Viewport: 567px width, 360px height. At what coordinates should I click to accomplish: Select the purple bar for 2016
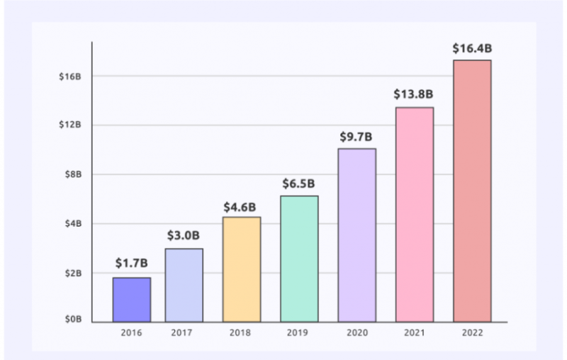pyautogui.click(x=132, y=299)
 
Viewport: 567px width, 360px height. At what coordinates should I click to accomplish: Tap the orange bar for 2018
pyautogui.click(x=242, y=269)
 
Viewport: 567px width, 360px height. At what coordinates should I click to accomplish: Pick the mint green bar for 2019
pyautogui.click(x=299, y=259)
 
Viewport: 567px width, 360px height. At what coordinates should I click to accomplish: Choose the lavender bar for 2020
pyautogui.click(x=357, y=235)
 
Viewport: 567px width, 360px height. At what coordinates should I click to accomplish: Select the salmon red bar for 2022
pyautogui.click(x=472, y=191)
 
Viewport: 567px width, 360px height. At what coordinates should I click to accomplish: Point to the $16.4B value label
pyautogui.click(x=472, y=49)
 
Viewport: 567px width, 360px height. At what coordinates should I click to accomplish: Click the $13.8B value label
pyautogui.click(x=414, y=95)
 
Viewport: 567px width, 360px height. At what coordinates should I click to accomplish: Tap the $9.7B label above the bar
pyautogui.click(x=357, y=136)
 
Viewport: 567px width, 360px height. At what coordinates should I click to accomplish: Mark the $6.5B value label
pyautogui.click(x=299, y=184)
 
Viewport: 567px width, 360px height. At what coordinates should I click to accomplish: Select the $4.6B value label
pyautogui.click(x=242, y=206)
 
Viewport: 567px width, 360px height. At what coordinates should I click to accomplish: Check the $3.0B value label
pyautogui.click(x=184, y=236)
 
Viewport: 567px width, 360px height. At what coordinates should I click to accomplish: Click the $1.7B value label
pyautogui.click(x=132, y=264)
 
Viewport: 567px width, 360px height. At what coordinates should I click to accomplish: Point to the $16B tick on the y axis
pyautogui.click(x=70, y=76)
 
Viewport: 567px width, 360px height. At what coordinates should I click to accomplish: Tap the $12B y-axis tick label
pyautogui.click(x=70, y=125)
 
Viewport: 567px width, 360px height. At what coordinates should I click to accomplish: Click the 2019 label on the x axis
pyautogui.click(x=299, y=331)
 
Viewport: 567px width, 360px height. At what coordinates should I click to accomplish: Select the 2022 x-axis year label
pyautogui.click(x=472, y=331)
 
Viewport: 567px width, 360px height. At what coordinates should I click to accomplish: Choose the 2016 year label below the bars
pyautogui.click(x=132, y=331)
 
